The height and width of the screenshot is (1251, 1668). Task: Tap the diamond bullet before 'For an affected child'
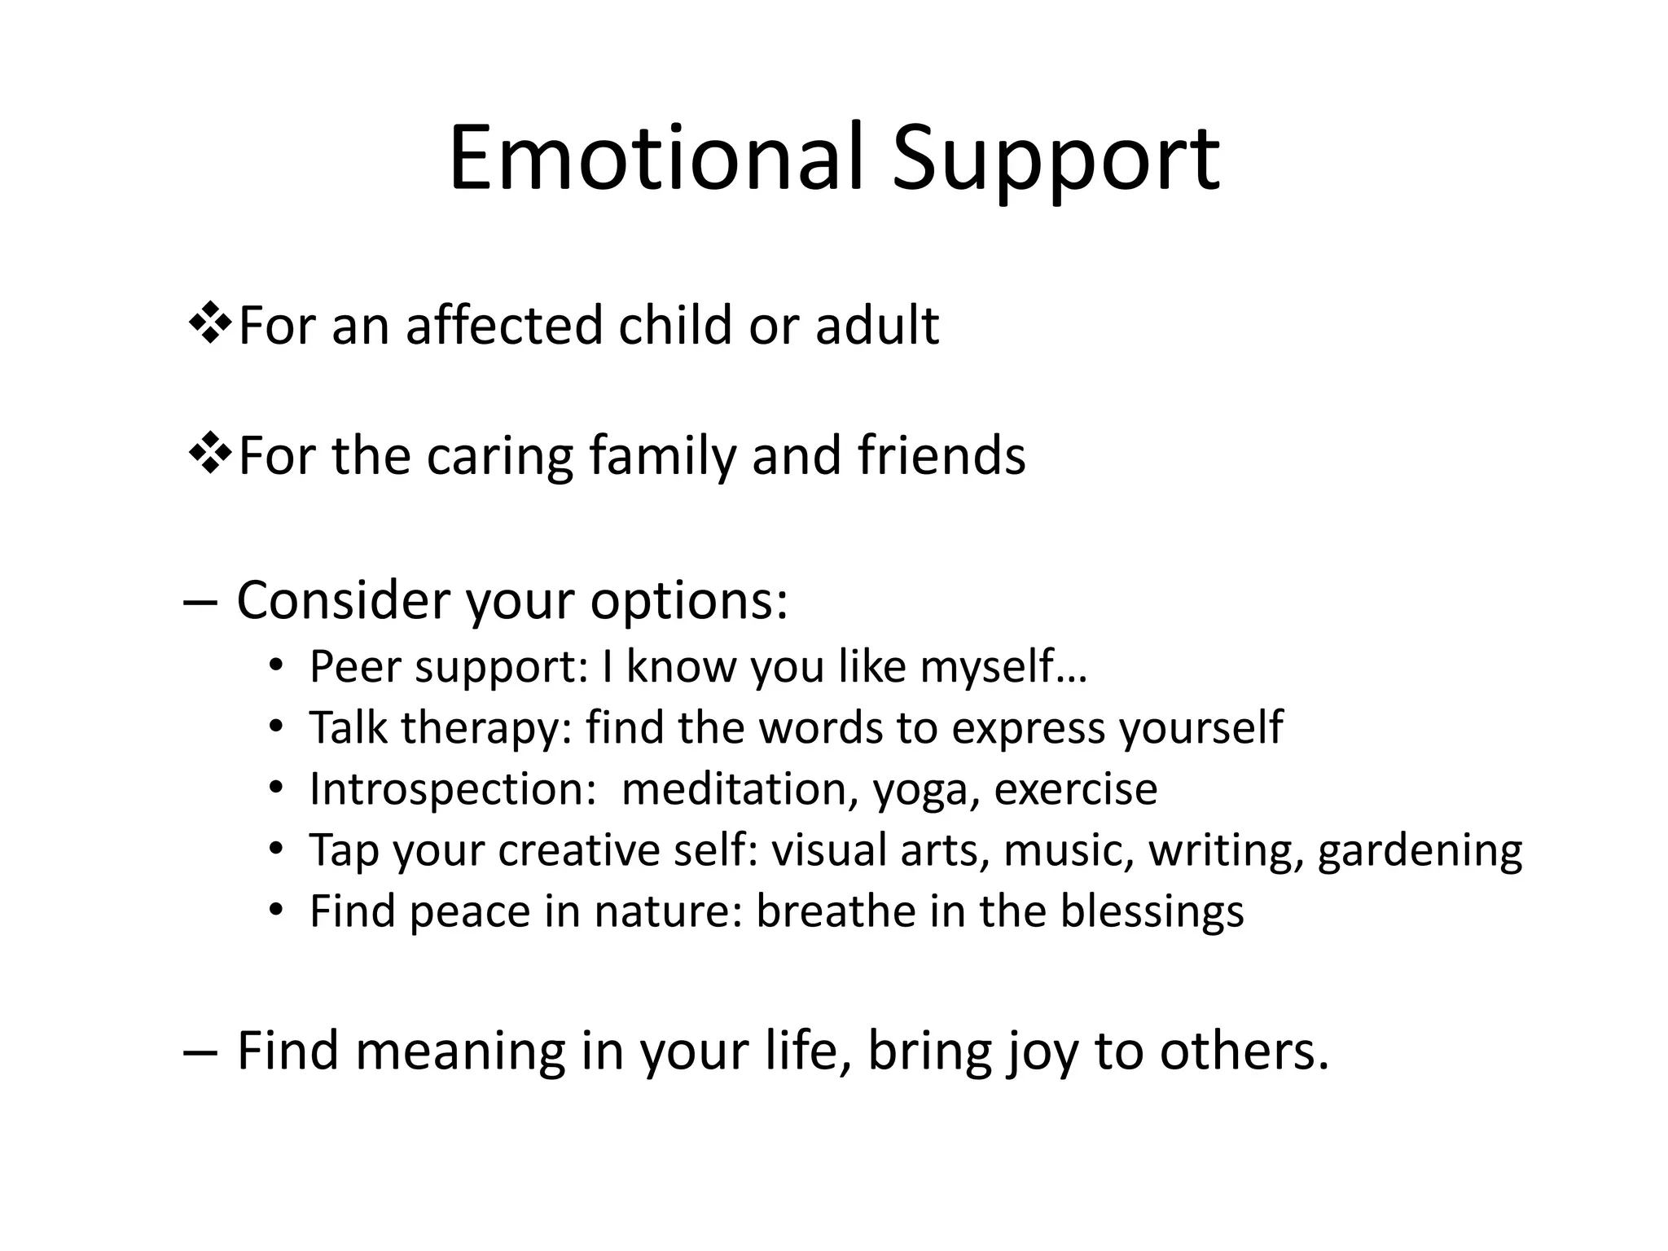(210, 323)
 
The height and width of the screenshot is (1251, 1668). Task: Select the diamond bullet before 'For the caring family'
(210, 454)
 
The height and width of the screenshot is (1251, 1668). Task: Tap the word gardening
(1420, 852)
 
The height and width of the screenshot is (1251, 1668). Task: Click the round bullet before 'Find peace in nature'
(277, 909)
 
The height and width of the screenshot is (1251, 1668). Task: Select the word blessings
(1151, 912)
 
